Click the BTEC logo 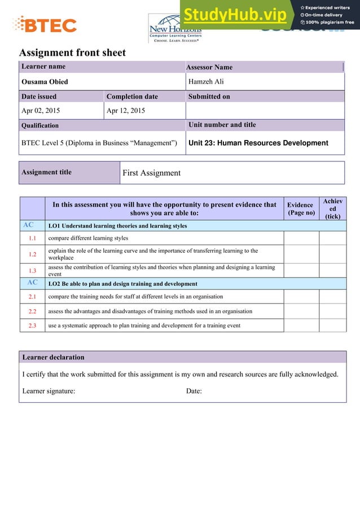coord(45,24)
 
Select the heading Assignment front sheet coord(72,53)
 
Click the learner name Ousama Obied coord(45,82)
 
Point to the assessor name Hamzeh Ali coord(206,82)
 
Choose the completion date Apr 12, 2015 coord(125,111)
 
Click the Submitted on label coord(209,96)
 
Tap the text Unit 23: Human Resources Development coord(258,143)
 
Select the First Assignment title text coord(151,173)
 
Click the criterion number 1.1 coord(32,238)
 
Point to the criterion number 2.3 coord(32,326)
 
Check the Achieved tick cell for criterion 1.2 coord(332,254)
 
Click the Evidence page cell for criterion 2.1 coord(301,296)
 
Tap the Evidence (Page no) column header coord(300,209)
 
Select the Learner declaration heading coord(53,357)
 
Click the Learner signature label coord(49,391)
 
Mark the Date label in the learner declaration coord(194,391)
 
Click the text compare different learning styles coord(89,238)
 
